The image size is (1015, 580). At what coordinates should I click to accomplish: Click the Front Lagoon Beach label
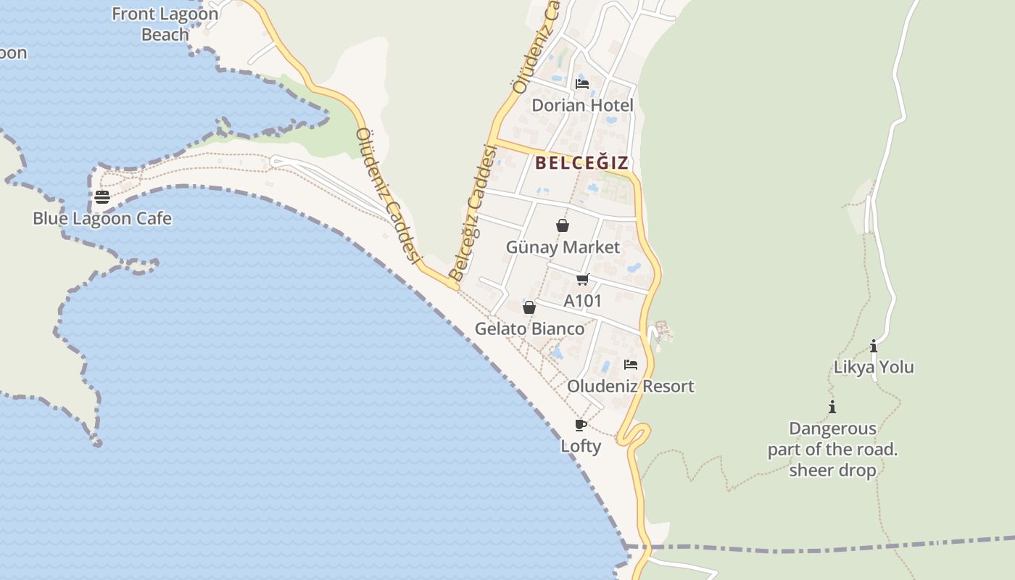tap(165, 24)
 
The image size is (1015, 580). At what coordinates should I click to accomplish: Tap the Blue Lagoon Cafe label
tap(102, 218)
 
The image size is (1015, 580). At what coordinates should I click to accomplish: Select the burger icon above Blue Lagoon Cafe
tap(102, 197)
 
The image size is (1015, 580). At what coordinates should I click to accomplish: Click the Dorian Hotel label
tap(582, 105)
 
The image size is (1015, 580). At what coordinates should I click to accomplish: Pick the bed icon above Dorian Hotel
tap(581, 84)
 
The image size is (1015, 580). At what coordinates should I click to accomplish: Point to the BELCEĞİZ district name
tap(581, 162)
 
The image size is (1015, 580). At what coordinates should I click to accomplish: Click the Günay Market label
tap(563, 247)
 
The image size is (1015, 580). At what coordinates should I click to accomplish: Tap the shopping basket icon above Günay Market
tap(562, 226)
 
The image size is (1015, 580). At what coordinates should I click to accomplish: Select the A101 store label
tap(582, 300)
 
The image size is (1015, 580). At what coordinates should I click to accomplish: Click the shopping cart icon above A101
tap(582, 280)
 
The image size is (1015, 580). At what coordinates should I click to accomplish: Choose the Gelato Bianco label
tap(529, 328)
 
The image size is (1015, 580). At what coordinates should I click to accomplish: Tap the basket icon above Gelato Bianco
tap(529, 307)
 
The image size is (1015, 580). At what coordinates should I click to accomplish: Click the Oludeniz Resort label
tap(630, 386)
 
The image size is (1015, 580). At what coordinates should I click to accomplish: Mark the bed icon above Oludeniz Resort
tap(631, 365)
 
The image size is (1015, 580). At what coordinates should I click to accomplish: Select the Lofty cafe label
tap(581, 446)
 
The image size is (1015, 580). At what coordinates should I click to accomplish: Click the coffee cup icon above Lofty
tap(580, 425)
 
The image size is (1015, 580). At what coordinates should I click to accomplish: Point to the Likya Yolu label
tap(874, 367)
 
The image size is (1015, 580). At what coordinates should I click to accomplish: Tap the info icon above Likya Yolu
tap(874, 347)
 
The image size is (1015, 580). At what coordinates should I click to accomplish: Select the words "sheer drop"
tap(832, 470)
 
